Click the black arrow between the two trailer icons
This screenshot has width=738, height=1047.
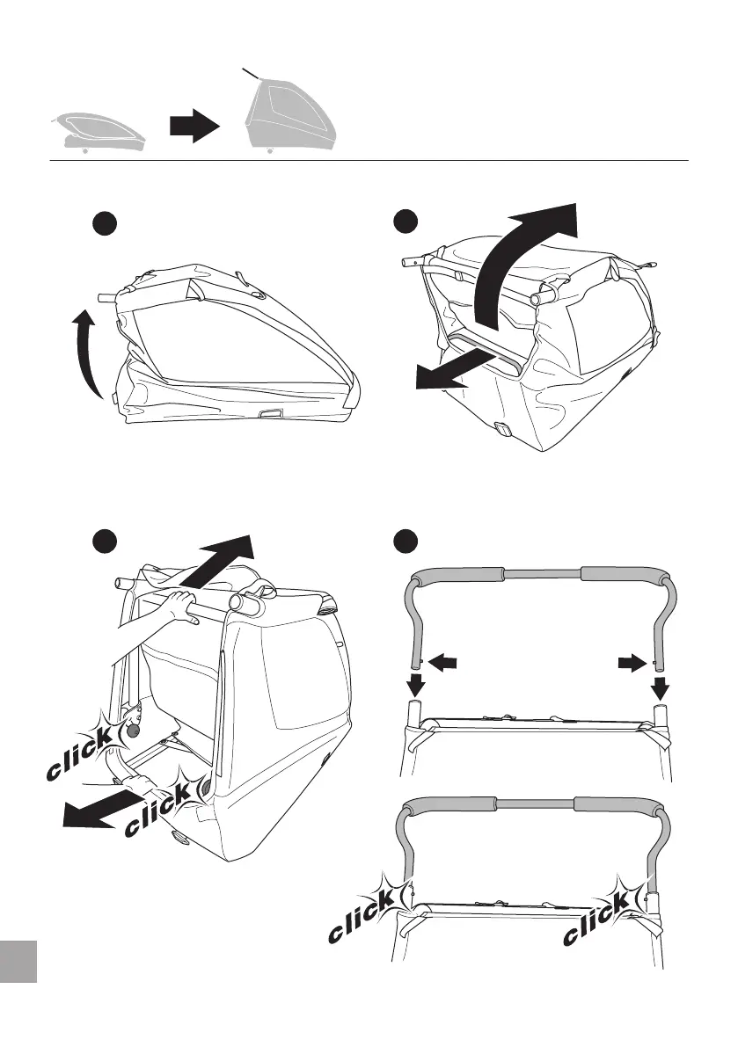194,127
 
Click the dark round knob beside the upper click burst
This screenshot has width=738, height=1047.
135,729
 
